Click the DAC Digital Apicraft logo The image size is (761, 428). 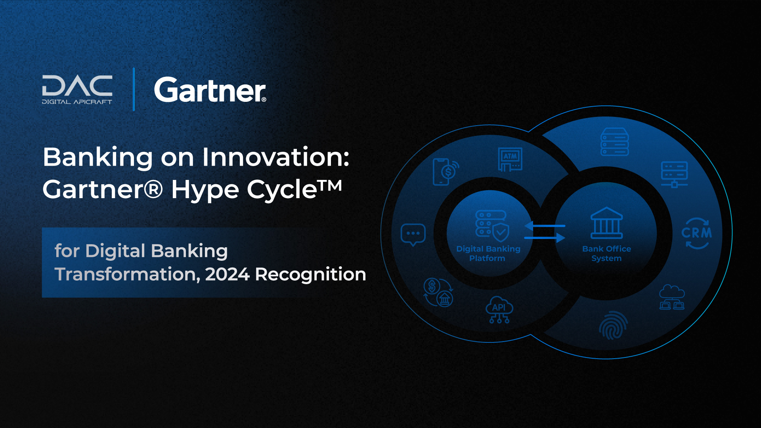pos(77,90)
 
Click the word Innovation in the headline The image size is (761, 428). pos(275,157)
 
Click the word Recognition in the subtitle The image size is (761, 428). pos(310,274)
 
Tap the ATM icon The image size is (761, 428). pos(510,159)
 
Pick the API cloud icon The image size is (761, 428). pos(499,310)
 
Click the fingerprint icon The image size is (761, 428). pos(613,325)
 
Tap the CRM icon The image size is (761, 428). pos(696,233)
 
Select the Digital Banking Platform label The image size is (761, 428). pos(488,253)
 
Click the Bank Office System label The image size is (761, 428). pos(606,253)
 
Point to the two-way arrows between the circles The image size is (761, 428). pos(545,232)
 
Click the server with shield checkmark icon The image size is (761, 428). pos(492,225)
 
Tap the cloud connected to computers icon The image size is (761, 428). pos(672,297)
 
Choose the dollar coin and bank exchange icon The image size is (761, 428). pos(438,292)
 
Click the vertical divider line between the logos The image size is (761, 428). pos(134,89)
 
